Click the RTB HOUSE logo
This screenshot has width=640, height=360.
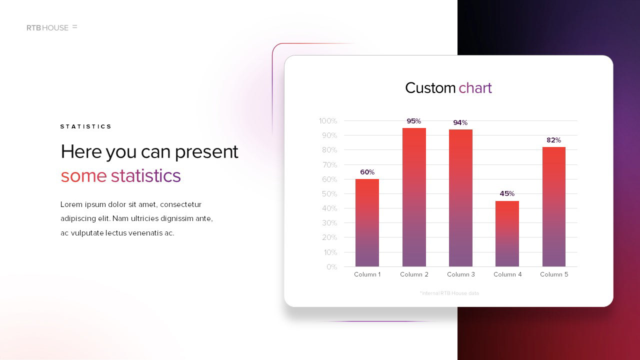[x=51, y=27]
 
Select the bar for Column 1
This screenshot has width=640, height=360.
[x=367, y=223]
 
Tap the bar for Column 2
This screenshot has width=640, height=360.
[x=414, y=197]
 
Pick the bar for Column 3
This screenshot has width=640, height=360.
[x=460, y=198]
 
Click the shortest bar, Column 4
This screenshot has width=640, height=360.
[x=507, y=234]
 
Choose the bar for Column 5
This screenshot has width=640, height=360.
[x=554, y=207]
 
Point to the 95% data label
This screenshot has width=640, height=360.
[x=413, y=121]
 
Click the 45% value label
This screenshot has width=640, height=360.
[x=507, y=193]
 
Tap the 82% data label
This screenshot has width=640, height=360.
[x=553, y=140]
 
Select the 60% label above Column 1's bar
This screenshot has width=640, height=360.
[x=367, y=172]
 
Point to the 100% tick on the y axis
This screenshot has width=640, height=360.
[x=328, y=121]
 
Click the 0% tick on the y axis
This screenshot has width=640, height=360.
[x=331, y=267]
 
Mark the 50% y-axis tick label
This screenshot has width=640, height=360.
[x=329, y=194]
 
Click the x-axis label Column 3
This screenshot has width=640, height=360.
[x=461, y=274]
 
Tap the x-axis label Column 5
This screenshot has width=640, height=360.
[x=554, y=274]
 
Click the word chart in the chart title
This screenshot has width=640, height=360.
[x=475, y=87]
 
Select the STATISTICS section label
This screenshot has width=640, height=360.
[x=85, y=126]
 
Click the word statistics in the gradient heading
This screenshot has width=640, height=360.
[x=145, y=175]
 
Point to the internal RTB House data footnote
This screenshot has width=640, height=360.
[x=449, y=293]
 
